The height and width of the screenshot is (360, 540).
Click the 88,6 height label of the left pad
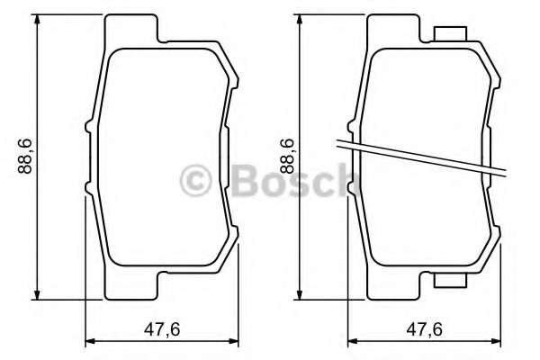pyautogui.click(x=25, y=158)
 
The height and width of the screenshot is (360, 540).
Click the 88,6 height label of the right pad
pyautogui.click(x=286, y=158)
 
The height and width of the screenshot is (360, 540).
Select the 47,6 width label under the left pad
pyautogui.click(x=163, y=329)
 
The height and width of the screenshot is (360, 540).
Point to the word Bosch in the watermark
pyautogui.click(x=288, y=179)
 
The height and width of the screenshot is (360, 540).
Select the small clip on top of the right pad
pyautogui.click(x=449, y=34)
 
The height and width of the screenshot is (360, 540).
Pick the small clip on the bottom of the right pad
pyautogui.click(x=449, y=282)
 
